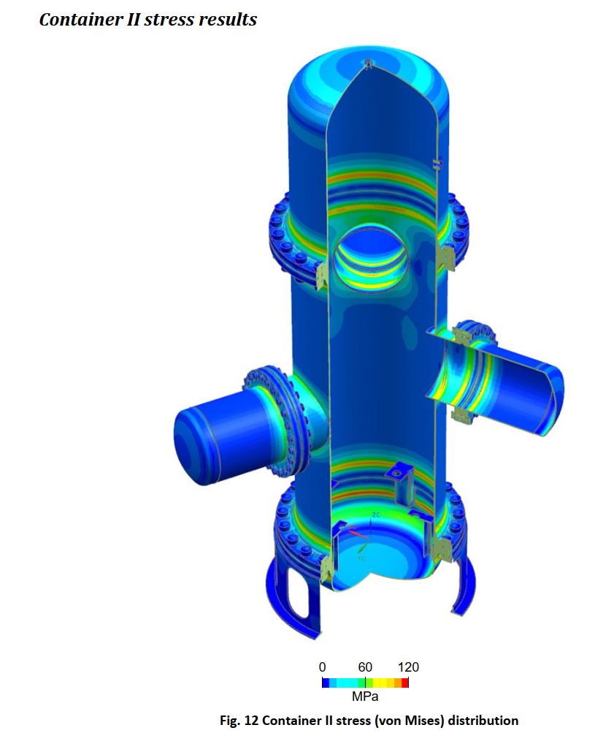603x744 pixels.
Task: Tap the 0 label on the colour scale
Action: tap(323, 667)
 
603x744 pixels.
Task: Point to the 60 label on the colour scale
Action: tap(365, 667)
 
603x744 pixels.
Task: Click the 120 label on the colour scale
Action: tap(408, 667)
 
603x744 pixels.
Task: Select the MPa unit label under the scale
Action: tap(365, 696)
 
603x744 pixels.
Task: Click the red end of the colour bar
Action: tap(405, 683)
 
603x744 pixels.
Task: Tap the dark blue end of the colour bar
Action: tap(326, 683)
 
